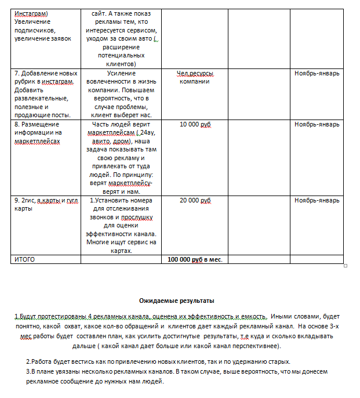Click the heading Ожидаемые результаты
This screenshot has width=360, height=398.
click(177, 301)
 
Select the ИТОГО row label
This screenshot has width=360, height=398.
click(24, 259)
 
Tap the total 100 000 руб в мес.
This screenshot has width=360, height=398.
click(195, 259)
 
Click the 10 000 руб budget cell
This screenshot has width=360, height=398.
click(195, 125)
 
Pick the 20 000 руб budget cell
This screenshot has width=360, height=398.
click(195, 201)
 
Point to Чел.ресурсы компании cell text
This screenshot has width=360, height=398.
click(195, 78)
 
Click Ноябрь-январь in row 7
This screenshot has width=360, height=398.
click(317, 74)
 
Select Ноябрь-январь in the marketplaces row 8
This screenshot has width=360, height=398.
click(317, 125)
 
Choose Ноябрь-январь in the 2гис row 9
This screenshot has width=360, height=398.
click(317, 201)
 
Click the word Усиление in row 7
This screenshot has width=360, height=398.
click(122, 74)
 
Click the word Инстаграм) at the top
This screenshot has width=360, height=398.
click(31, 13)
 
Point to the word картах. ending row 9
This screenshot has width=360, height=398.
click(122, 251)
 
